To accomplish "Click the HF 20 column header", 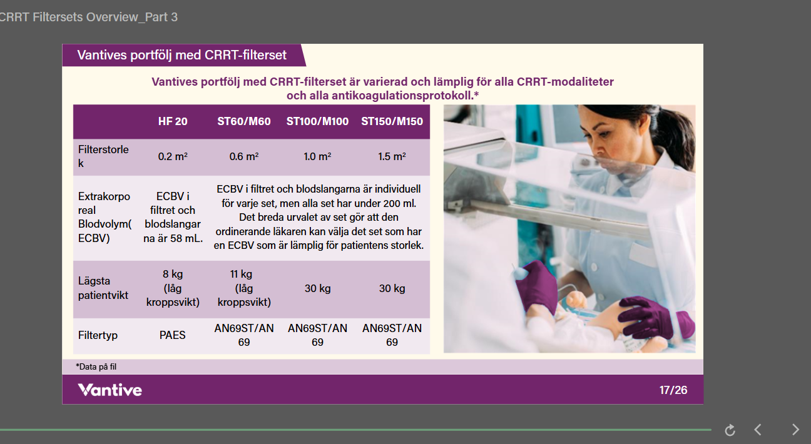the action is coord(173,121).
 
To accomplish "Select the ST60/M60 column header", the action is coord(243,121).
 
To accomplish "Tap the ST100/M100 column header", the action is coord(317,121).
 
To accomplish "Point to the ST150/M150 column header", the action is coord(392,121).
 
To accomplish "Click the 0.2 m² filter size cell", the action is coord(173,156).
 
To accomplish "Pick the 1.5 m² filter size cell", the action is coord(392,156).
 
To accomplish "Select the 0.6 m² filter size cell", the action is coord(243,156).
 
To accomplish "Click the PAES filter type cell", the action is coord(172,335).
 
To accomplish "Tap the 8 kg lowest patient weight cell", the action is coord(173,288).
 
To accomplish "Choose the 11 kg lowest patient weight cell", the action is coord(243,288).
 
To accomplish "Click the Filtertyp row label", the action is coord(98,335).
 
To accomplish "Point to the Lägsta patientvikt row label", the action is coord(103,288).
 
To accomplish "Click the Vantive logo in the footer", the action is coord(110,390).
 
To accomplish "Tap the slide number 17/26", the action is coord(673,390).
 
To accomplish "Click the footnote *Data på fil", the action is coord(96,366).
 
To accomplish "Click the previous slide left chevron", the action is coord(757,430).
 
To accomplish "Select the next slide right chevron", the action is coord(795,430).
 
